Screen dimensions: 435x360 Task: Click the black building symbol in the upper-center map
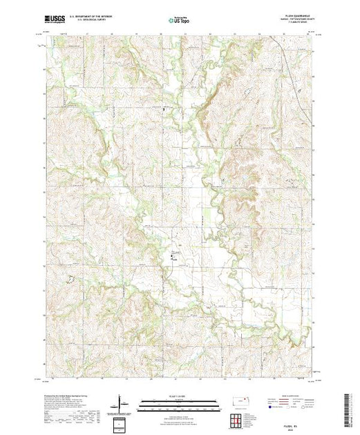[164, 109]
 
